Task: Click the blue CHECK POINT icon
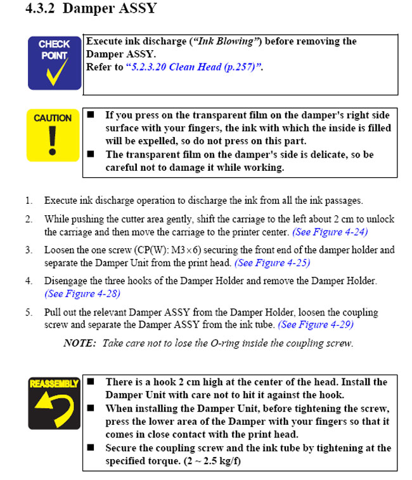tap(54, 62)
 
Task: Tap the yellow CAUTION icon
tap(53, 135)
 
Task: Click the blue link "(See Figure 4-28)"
tap(82, 293)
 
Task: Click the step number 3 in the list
tap(29, 250)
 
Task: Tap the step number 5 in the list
tap(29, 312)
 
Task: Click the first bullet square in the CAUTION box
tap(91, 116)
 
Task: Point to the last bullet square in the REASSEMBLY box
tap(91, 448)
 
